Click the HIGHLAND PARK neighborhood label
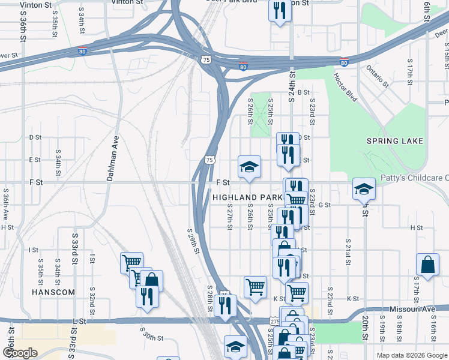pos(247,197)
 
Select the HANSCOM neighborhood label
pos(53,292)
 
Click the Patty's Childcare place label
pos(415,178)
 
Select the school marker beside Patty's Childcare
pos(364,189)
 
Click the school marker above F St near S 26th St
pos(249,166)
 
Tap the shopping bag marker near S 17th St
pos(427,265)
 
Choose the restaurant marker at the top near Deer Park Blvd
pos(280,10)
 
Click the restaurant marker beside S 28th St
pos(225,305)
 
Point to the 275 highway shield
pos(274,322)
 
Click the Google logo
pos(20,353)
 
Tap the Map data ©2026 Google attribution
pos(411,355)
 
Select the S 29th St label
pos(193,241)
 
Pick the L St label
pos(76,322)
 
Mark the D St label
pos(35,137)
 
